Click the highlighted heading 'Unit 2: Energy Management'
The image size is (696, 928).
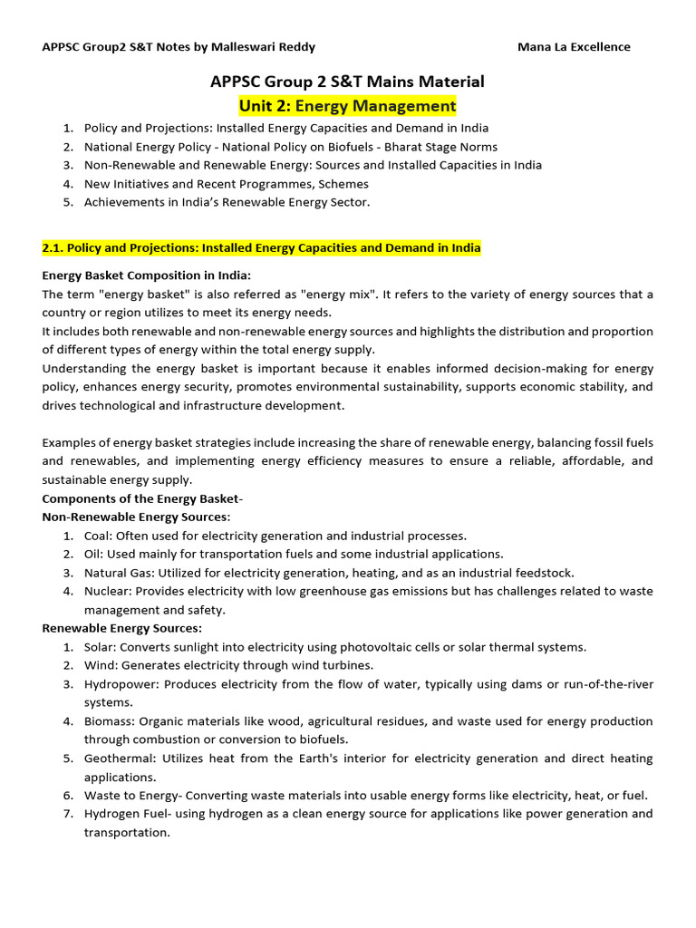point(347,106)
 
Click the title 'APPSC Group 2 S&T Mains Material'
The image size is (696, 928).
point(347,82)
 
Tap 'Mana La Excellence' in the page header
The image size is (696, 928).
point(574,47)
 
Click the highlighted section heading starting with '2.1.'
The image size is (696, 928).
point(262,247)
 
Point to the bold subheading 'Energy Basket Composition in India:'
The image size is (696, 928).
point(147,275)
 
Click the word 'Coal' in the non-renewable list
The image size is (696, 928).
point(98,536)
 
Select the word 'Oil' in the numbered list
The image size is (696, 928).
point(93,554)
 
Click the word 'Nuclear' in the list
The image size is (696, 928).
point(107,591)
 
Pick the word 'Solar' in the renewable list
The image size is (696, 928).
point(100,647)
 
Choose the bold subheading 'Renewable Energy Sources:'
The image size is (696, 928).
point(122,628)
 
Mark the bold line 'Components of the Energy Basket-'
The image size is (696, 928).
point(142,498)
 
